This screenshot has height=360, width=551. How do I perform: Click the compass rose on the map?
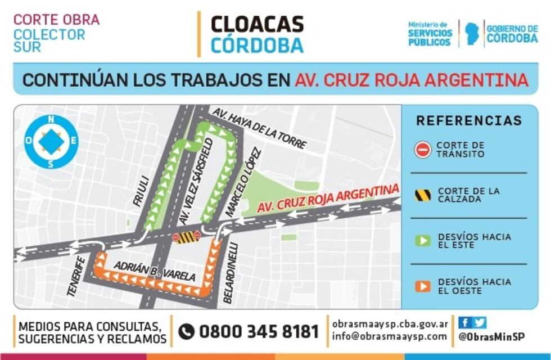51,142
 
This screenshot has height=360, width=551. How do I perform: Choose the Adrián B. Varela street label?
155,271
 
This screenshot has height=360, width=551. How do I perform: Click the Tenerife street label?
76,276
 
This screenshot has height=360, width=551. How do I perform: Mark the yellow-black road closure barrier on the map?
187,237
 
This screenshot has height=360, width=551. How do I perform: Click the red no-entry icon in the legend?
423,150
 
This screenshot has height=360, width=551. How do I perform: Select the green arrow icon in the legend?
423,241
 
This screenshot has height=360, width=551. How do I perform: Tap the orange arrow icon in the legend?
423,286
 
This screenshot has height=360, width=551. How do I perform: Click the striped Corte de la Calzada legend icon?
423,195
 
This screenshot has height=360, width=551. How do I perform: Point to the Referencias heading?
469,121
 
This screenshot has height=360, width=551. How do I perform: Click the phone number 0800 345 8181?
259,332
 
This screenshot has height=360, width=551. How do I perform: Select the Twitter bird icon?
479,323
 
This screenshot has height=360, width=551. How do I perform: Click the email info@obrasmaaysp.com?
390,337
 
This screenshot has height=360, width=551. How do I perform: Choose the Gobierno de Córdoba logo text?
512,34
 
